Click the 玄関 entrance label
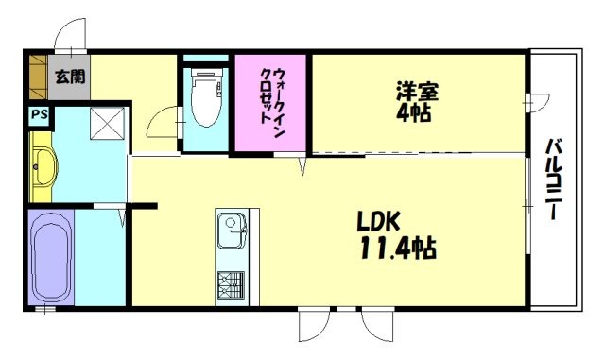(x=67, y=77)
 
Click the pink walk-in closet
(x=272, y=101)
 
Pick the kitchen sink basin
(x=230, y=229)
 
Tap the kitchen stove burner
(x=232, y=283)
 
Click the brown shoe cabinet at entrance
(x=37, y=77)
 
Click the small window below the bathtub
(x=43, y=310)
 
